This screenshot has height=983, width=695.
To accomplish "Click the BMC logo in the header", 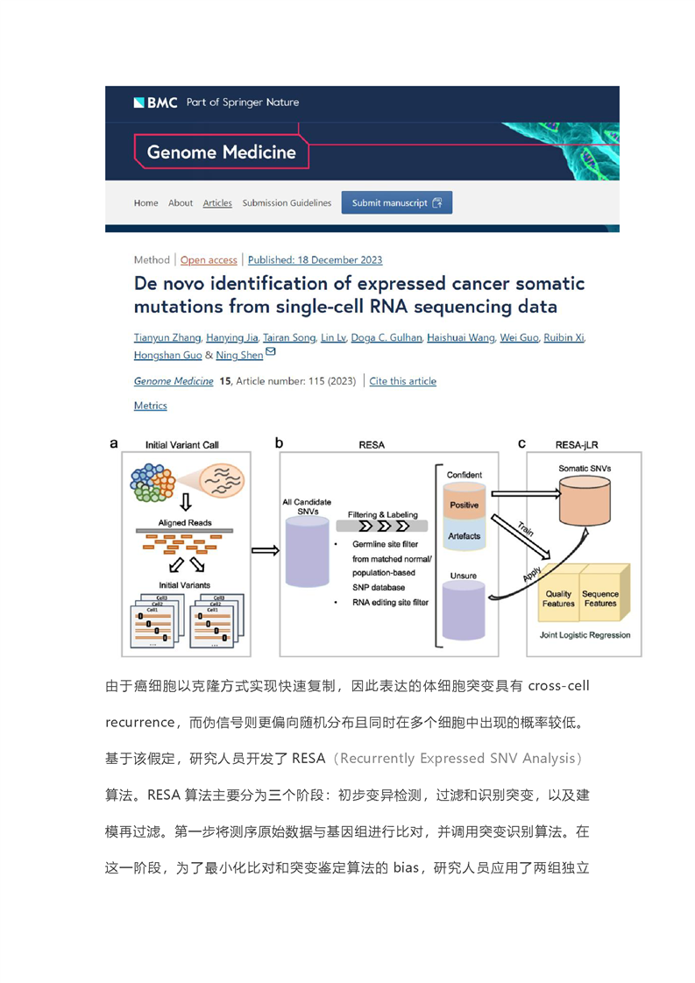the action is point(155,103).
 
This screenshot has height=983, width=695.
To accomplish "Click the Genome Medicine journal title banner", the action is point(222,152).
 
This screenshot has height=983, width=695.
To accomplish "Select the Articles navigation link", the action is point(217,203).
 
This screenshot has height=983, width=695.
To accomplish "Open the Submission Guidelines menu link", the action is point(287,203).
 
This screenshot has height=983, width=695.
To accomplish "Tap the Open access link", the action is point(209,260).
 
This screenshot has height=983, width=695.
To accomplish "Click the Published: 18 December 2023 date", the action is point(315,260).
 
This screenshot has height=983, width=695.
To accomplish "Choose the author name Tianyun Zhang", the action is point(167,337).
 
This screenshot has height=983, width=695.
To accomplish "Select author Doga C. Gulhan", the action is point(387,337).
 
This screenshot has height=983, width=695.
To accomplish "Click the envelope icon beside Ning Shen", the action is point(270,352).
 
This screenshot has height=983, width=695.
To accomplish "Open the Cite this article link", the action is point(402,381).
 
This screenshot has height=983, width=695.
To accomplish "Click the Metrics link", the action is point(151,406).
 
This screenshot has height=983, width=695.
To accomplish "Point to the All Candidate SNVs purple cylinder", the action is point(308,552).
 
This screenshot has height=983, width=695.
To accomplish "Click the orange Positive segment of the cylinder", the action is point(465,501).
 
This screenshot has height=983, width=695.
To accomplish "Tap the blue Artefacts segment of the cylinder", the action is point(465,534).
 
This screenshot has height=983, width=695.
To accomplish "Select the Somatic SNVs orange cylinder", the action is point(585,499).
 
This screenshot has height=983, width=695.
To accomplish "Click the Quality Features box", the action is point(559,596).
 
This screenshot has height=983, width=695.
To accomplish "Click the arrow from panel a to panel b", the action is point(266,550).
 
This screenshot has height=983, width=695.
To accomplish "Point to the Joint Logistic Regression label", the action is point(585,635).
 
